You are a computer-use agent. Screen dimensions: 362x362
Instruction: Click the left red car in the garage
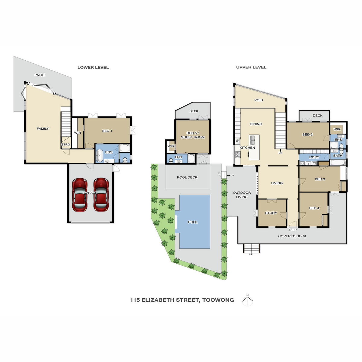click(80, 195)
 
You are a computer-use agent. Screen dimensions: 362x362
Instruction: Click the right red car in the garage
click(101, 195)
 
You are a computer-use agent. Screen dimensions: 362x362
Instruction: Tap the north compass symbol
click(247, 300)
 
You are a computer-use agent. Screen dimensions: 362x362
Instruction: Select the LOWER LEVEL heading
click(93, 68)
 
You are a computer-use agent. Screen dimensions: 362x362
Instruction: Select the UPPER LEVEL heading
click(251, 67)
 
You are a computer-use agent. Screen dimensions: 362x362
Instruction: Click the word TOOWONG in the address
click(218, 300)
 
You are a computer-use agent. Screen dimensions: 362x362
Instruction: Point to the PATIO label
click(40, 75)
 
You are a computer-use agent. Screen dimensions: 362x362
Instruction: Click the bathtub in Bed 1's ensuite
click(99, 156)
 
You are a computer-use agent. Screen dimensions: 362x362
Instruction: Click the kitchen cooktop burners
click(238, 154)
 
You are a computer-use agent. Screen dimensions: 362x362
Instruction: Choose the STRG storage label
click(65, 144)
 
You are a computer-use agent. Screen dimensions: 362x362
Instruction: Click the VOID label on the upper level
click(259, 100)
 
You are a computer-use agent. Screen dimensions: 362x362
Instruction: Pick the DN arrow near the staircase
click(280, 151)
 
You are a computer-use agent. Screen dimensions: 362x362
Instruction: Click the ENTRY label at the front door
click(293, 230)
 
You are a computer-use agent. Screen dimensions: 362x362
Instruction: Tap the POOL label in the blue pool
click(193, 222)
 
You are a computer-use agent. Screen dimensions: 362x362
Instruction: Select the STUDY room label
click(271, 213)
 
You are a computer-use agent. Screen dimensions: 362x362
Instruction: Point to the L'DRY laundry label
click(314, 157)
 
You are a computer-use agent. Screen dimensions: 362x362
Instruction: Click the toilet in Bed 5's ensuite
click(171, 161)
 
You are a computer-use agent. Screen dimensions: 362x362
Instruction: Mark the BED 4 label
click(314, 208)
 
